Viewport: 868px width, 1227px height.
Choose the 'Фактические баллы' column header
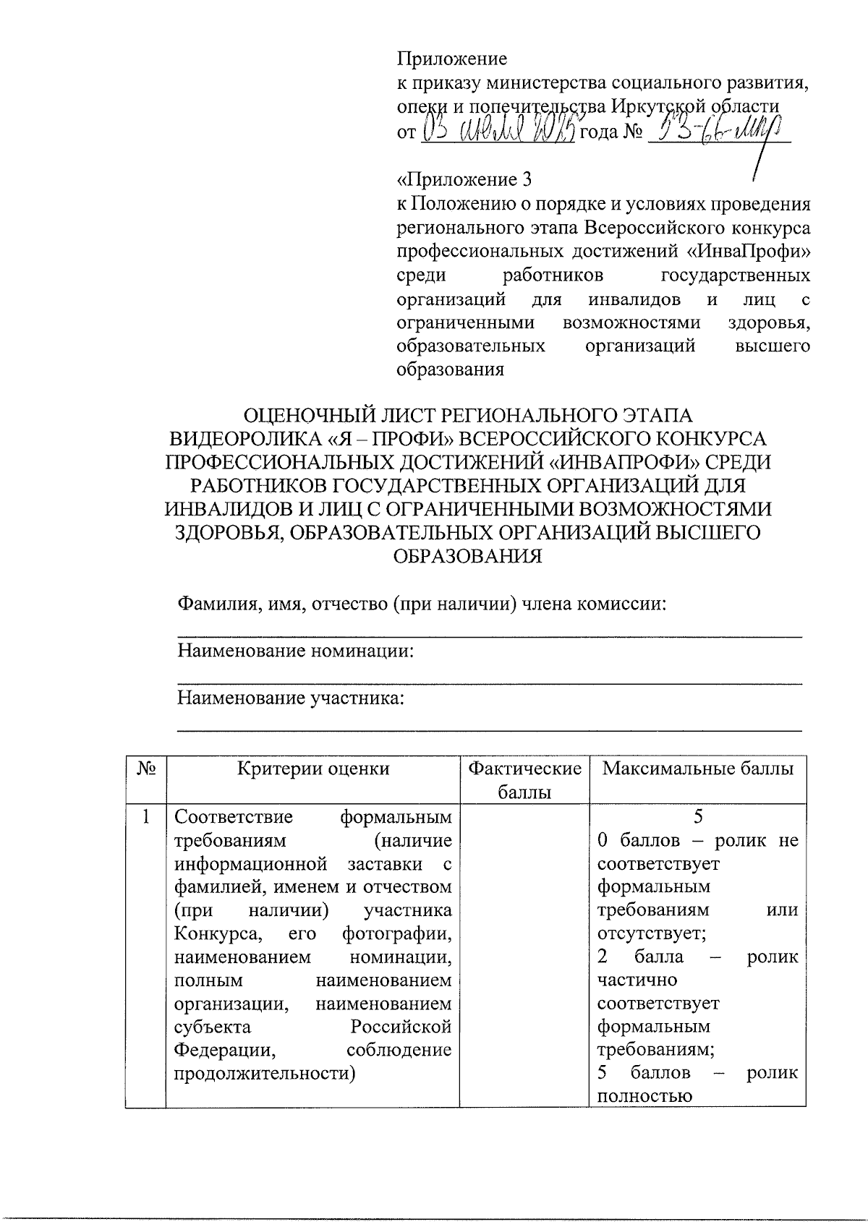pos(525,779)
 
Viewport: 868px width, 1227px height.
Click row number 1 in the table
pos(146,818)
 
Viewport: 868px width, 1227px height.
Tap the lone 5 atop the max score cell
pos(698,817)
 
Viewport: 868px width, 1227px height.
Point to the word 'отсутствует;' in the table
pos(651,933)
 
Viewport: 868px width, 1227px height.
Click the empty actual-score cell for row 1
pos(525,954)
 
